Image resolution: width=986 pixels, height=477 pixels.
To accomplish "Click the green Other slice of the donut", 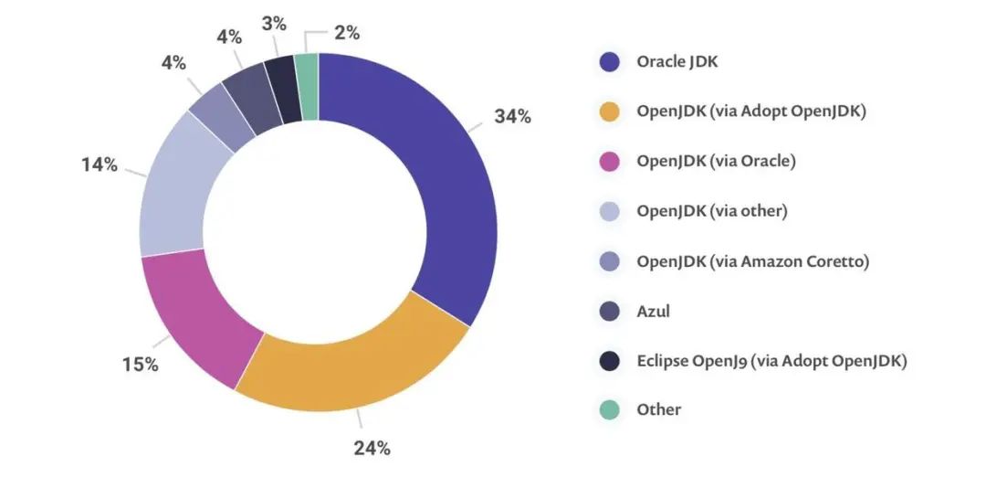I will [309, 87].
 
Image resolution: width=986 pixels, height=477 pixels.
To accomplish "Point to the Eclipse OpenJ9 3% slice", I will [284, 90].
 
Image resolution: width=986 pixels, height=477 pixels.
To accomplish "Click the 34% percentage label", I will [513, 117].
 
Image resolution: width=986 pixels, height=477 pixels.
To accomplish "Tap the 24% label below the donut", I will [372, 448].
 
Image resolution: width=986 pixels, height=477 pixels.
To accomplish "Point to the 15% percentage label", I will [141, 365].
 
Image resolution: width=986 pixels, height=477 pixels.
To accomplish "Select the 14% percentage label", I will [99, 164].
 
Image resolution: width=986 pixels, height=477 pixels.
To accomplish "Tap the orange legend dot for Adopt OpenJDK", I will [610, 111].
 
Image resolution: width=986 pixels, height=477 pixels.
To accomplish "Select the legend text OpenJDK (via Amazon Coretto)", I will [752, 261].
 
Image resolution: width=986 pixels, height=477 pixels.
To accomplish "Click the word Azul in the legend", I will [654, 311].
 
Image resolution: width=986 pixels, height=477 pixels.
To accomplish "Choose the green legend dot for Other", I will [610, 409].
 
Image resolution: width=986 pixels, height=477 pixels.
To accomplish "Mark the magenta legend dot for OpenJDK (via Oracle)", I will [610, 162].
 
